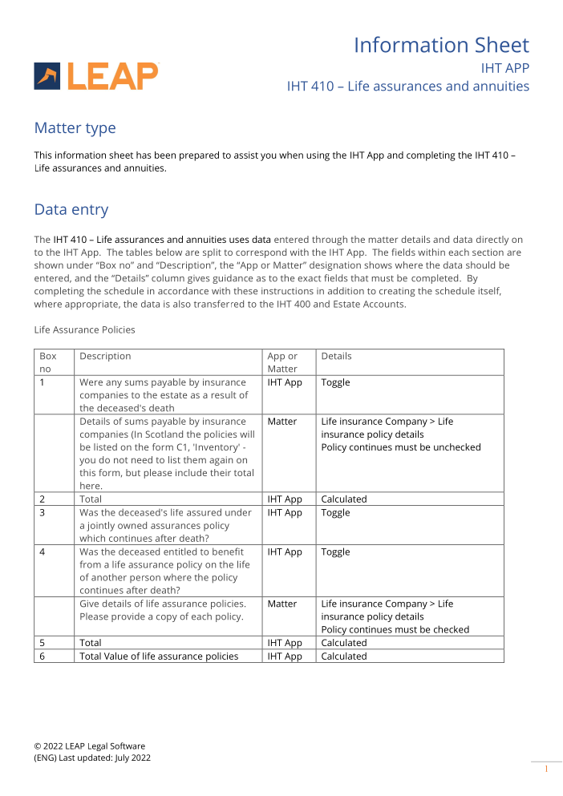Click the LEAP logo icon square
pyautogui.click(x=47, y=76)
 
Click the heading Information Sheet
pyautogui.click(x=441, y=45)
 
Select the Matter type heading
pyautogui.click(x=75, y=128)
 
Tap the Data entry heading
pyautogui.click(x=71, y=210)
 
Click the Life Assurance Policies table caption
pyautogui.click(x=84, y=329)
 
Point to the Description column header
pyautogui.click(x=105, y=356)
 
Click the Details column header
pyautogui.click(x=336, y=356)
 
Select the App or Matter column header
pyautogui.click(x=282, y=362)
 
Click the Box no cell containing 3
pyautogui.click(x=43, y=512)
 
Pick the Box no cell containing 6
pyautogui.click(x=43, y=656)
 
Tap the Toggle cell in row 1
pyautogui.click(x=335, y=382)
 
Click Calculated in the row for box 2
pyautogui.click(x=344, y=499)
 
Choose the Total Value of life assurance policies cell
pyautogui.click(x=159, y=656)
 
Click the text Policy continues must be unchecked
pyautogui.click(x=401, y=447)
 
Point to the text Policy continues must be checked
pyautogui.click(x=395, y=629)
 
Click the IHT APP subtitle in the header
pyautogui.click(x=504, y=68)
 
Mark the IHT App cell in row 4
pyautogui.click(x=285, y=552)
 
